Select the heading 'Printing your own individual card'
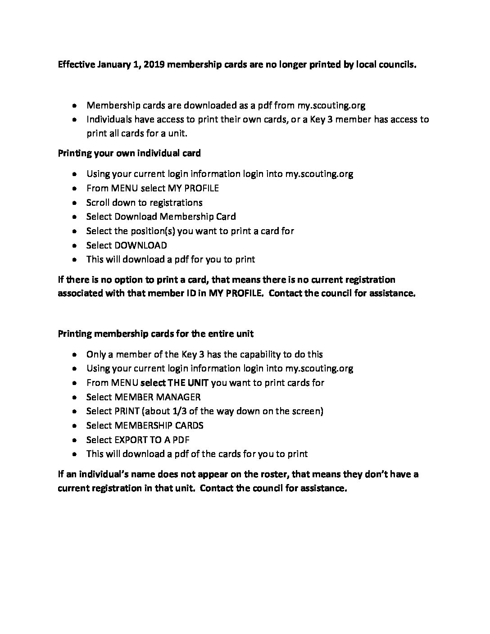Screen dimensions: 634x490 [x=129, y=153]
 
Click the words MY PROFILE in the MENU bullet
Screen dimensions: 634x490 [x=193, y=188]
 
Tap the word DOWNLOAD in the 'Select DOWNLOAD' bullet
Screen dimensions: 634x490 [x=141, y=245]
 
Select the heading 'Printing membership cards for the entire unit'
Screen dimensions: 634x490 [x=155, y=334]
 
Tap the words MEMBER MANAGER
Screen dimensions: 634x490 [x=158, y=397]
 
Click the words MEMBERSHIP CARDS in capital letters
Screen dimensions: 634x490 [x=159, y=426]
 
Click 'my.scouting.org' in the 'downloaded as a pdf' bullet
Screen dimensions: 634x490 [x=331, y=105]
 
